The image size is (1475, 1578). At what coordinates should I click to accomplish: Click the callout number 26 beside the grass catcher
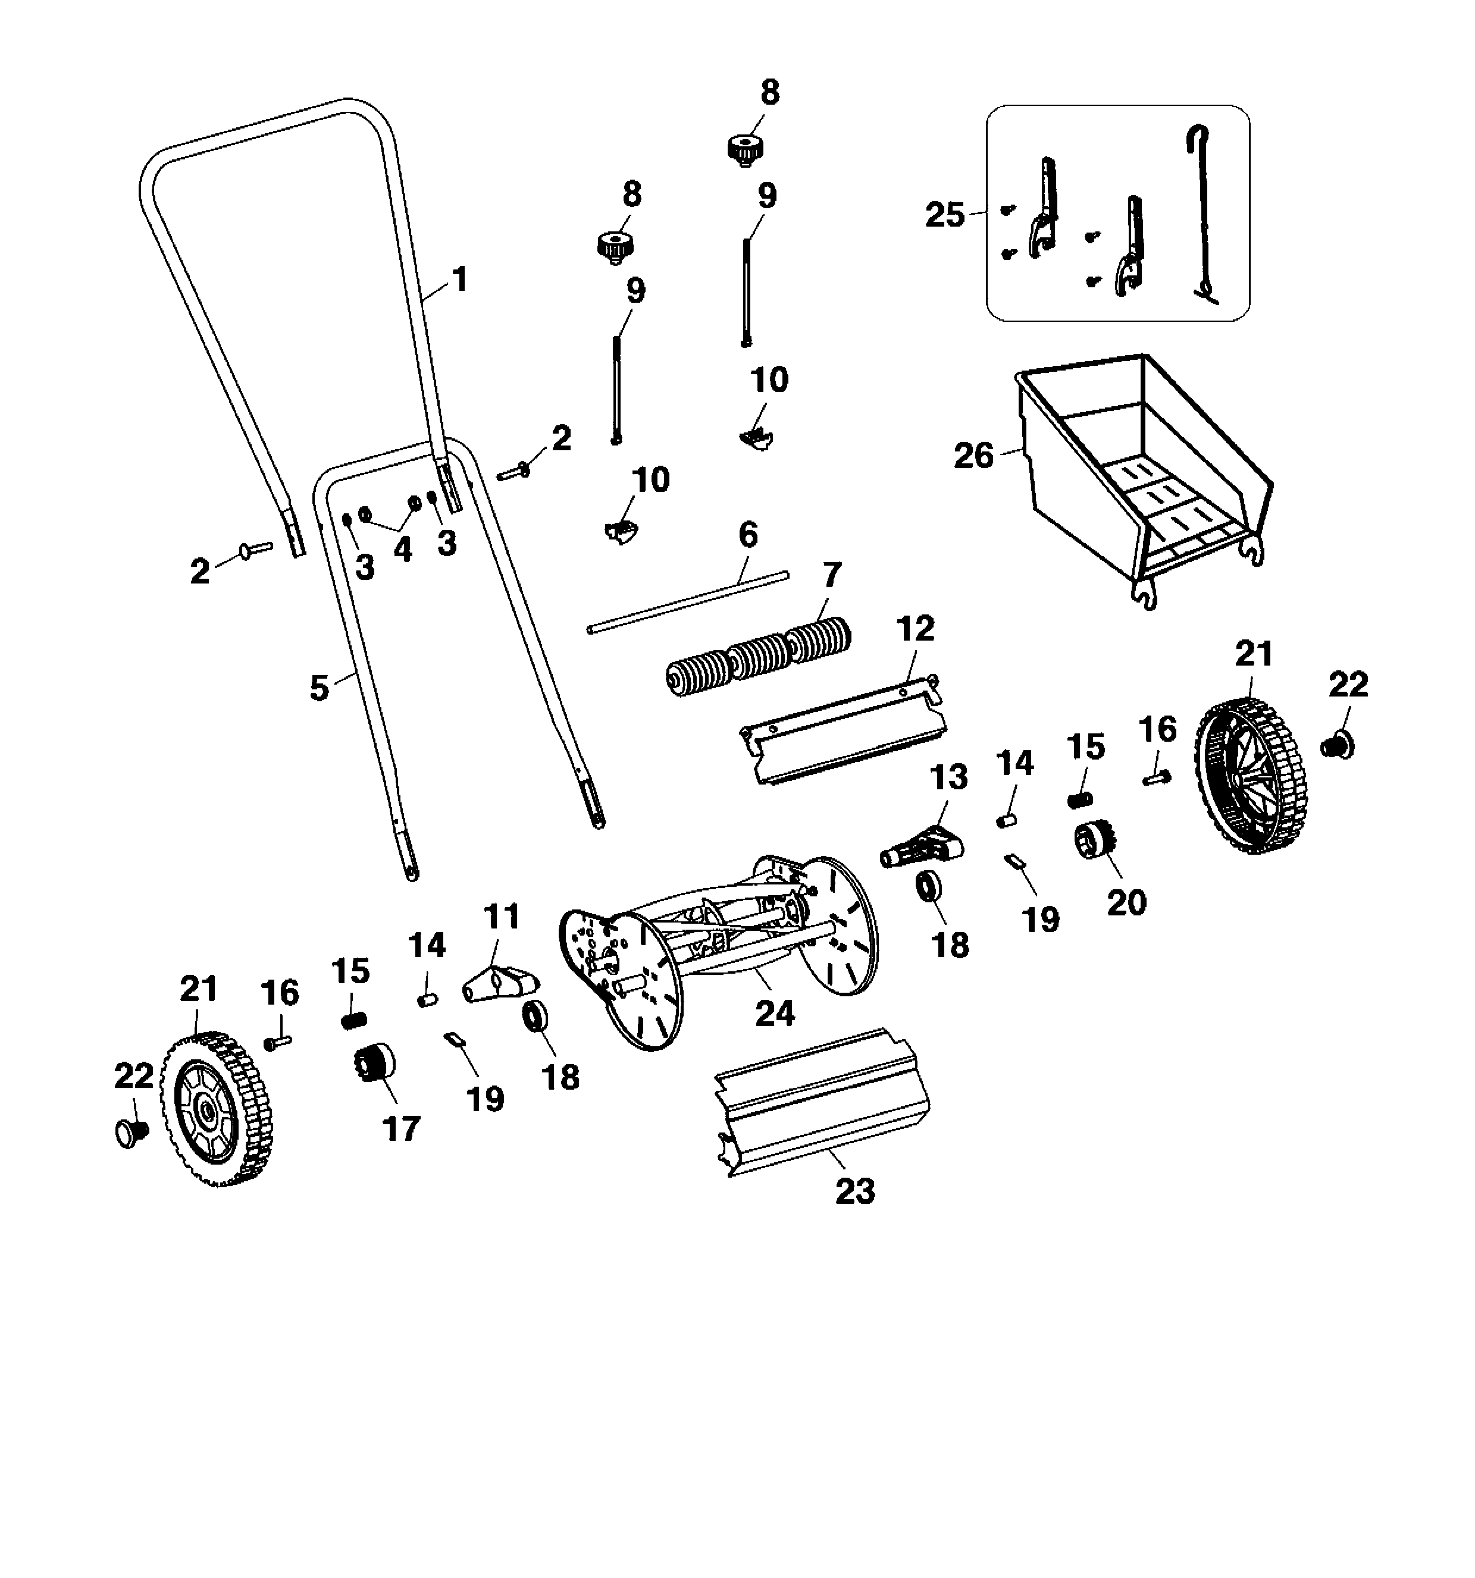pyautogui.click(x=973, y=456)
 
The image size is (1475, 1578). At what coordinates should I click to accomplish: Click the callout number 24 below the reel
pyautogui.click(x=774, y=1014)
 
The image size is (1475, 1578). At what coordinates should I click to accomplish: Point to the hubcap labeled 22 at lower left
pyautogui.click(x=131, y=1132)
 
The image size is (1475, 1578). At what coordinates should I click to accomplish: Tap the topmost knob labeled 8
pyautogui.click(x=746, y=149)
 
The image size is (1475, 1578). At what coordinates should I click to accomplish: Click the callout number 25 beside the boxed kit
pyautogui.click(x=945, y=215)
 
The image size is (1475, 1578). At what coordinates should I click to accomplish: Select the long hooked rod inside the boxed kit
pyautogui.click(x=1201, y=214)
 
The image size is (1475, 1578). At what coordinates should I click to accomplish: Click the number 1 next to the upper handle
pyautogui.click(x=459, y=280)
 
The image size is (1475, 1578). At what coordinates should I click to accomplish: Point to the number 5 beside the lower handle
pyautogui.click(x=318, y=688)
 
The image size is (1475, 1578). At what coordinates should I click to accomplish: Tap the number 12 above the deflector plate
pyautogui.click(x=915, y=629)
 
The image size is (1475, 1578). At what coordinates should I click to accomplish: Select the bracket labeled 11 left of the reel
pyautogui.click(x=501, y=984)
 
